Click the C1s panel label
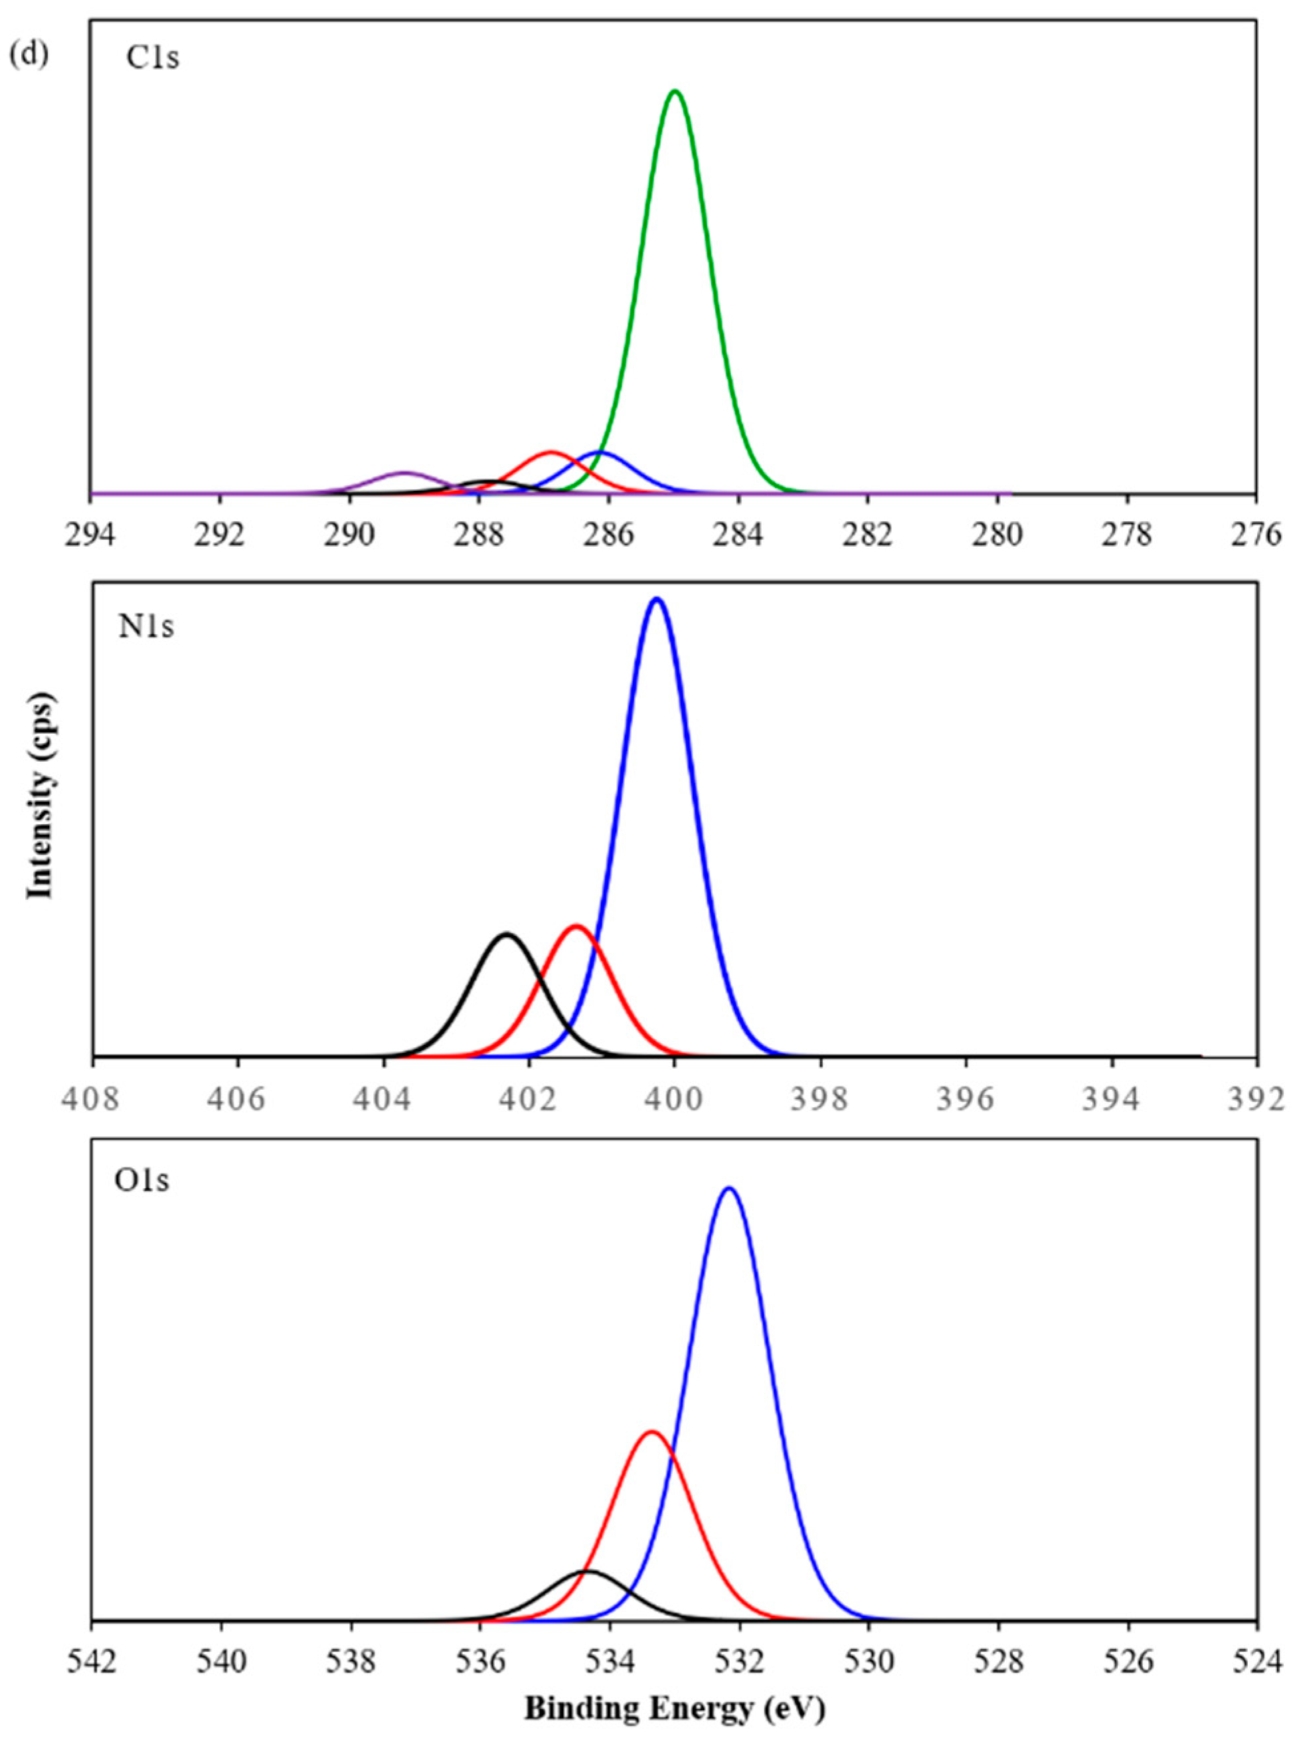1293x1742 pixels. pyautogui.click(x=153, y=57)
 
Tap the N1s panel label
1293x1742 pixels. pyautogui.click(x=145, y=628)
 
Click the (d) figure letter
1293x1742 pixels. pyautogui.click(x=31, y=57)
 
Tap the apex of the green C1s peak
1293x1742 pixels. pyautogui.click(x=675, y=92)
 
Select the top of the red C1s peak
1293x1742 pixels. pyautogui.click(x=551, y=452)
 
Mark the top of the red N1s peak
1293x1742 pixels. pyautogui.click(x=576, y=926)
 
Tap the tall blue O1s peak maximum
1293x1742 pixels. pyautogui.click(x=729, y=1188)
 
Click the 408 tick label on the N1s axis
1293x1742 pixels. pyautogui.click(x=93, y=1100)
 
